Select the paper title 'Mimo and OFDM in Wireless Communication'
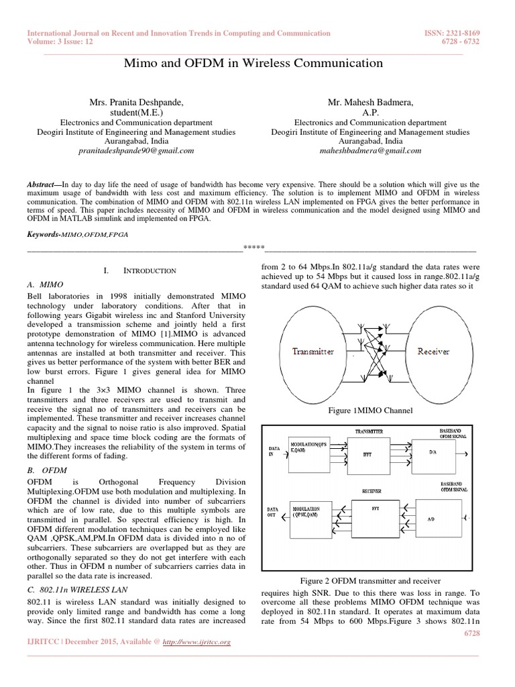(254, 64)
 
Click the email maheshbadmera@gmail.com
(371, 151)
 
